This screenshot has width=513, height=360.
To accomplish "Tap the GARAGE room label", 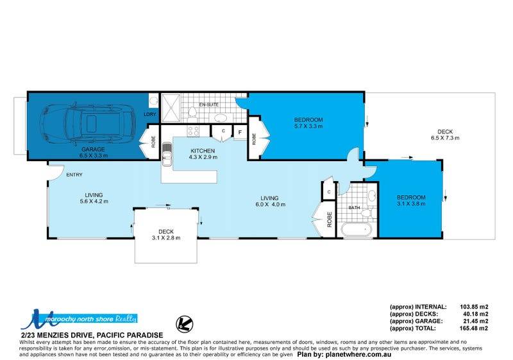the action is coord(93,150).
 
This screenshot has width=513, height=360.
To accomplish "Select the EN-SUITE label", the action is coord(209,105).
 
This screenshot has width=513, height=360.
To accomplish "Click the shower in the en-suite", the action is coord(171,108).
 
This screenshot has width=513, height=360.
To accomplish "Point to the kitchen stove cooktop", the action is coord(194,132).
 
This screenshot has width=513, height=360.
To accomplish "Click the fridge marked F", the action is coord(240,133).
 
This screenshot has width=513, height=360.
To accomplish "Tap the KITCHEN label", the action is coord(203,151).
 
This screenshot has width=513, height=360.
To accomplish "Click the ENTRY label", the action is coord(74,175).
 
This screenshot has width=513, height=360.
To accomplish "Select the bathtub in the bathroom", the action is coord(357,230).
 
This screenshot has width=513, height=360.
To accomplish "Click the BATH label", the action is coord(355,207).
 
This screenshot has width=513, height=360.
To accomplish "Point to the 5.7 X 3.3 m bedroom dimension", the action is coord(308,126).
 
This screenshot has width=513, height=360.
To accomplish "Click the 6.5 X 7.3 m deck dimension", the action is coord(445,138).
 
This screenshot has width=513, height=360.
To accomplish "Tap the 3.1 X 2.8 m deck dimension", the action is coord(166,238).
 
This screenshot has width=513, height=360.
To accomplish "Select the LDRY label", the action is coord(150,114).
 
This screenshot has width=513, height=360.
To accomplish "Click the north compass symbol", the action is coord(184,323).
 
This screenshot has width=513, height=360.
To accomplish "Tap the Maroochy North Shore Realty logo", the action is coord(79,319).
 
